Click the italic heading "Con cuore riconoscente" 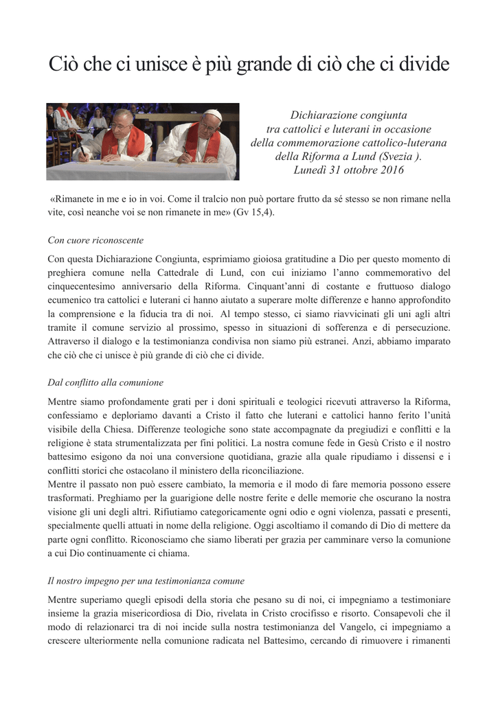point(95,240)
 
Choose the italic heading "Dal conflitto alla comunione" point(105,382)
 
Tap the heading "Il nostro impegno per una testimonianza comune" point(146,581)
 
